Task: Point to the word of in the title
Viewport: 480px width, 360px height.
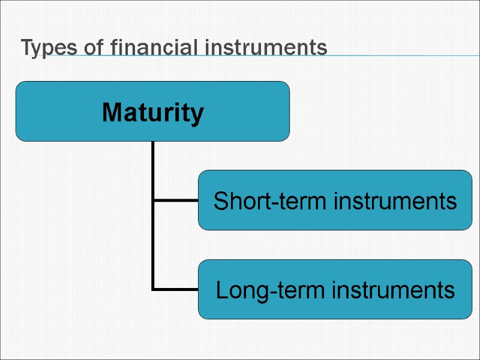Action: (x=93, y=47)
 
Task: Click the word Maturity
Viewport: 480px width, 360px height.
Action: (x=152, y=112)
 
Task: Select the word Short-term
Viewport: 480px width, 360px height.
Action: (x=271, y=200)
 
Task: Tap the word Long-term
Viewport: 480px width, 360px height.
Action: (x=271, y=290)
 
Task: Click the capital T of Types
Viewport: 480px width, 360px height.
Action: (x=26, y=47)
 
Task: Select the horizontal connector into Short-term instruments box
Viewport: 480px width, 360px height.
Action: (x=176, y=200)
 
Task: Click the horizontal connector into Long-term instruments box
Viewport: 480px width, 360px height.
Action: (x=176, y=289)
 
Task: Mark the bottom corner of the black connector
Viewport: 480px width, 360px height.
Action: (x=154, y=289)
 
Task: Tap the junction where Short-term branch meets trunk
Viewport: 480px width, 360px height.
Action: (x=154, y=200)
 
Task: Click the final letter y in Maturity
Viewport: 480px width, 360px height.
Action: (x=197, y=114)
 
